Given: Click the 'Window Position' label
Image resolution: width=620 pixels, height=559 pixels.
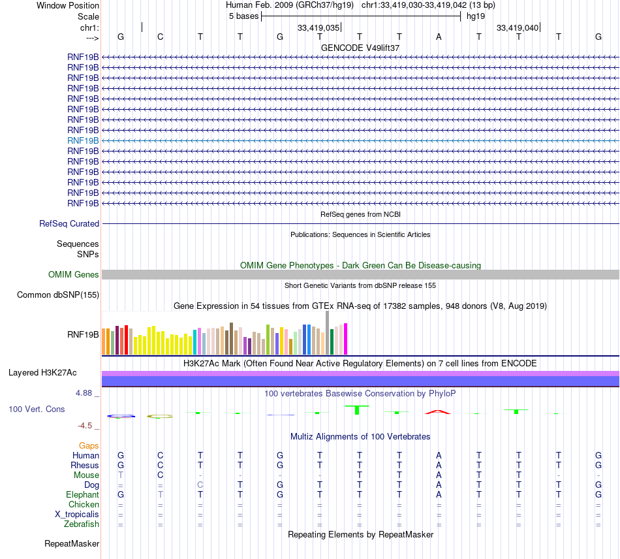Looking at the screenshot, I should click(x=68, y=5).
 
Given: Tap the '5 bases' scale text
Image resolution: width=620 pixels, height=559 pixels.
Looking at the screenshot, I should click(x=243, y=16).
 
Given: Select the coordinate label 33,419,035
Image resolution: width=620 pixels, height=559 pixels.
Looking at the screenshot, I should click(x=318, y=27).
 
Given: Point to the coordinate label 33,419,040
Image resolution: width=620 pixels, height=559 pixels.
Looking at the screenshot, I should click(x=518, y=27).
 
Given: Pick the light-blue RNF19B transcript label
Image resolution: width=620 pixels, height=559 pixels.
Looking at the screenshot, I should click(x=83, y=140).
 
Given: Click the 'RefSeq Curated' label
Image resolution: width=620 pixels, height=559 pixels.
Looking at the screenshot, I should click(x=69, y=223).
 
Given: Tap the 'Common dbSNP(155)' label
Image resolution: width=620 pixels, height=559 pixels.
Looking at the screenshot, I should click(x=58, y=295).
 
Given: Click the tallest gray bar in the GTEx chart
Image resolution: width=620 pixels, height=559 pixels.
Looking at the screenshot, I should click(x=327, y=333).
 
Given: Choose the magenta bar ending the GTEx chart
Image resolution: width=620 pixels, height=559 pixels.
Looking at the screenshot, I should click(x=346, y=339).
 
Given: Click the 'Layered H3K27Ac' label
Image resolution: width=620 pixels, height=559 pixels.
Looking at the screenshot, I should click(x=42, y=373).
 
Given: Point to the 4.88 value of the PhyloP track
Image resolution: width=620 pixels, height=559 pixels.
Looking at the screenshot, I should click(x=85, y=393).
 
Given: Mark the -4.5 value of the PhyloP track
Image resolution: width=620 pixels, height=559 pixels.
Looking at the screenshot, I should click(x=85, y=426).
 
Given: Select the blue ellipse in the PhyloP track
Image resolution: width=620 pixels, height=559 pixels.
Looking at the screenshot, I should click(x=121, y=416).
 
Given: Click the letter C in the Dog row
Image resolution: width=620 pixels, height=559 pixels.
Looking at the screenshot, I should click(x=200, y=485).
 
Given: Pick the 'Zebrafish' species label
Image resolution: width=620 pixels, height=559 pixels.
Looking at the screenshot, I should click(x=82, y=524).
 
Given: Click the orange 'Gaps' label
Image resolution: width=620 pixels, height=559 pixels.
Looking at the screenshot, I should click(x=89, y=445).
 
